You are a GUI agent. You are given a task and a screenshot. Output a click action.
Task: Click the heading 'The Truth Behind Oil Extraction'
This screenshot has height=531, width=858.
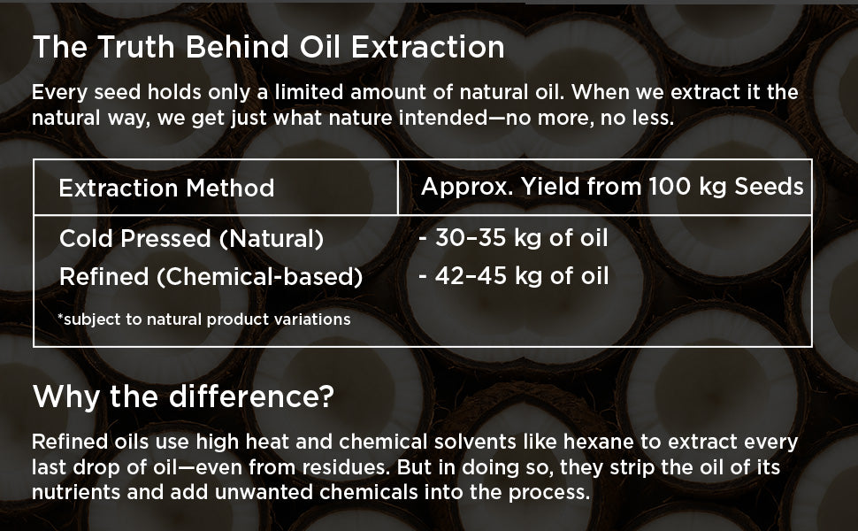(x=269, y=47)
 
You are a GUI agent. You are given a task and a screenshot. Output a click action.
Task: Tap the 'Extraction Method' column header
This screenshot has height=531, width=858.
(x=166, y=189)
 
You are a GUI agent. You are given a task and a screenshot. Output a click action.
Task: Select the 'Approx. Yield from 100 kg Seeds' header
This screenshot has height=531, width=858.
(x=612, y=188)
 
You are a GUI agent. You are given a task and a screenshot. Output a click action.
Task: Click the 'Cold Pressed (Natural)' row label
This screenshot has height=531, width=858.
(x=192, y=239)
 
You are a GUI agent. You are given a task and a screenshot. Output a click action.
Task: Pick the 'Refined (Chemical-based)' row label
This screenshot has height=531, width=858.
(x=211, y=276)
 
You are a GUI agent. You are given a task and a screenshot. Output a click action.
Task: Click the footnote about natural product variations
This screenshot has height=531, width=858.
(x=203, y=319)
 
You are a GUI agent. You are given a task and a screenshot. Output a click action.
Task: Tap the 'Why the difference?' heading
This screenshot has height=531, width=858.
(x=183, y=396)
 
